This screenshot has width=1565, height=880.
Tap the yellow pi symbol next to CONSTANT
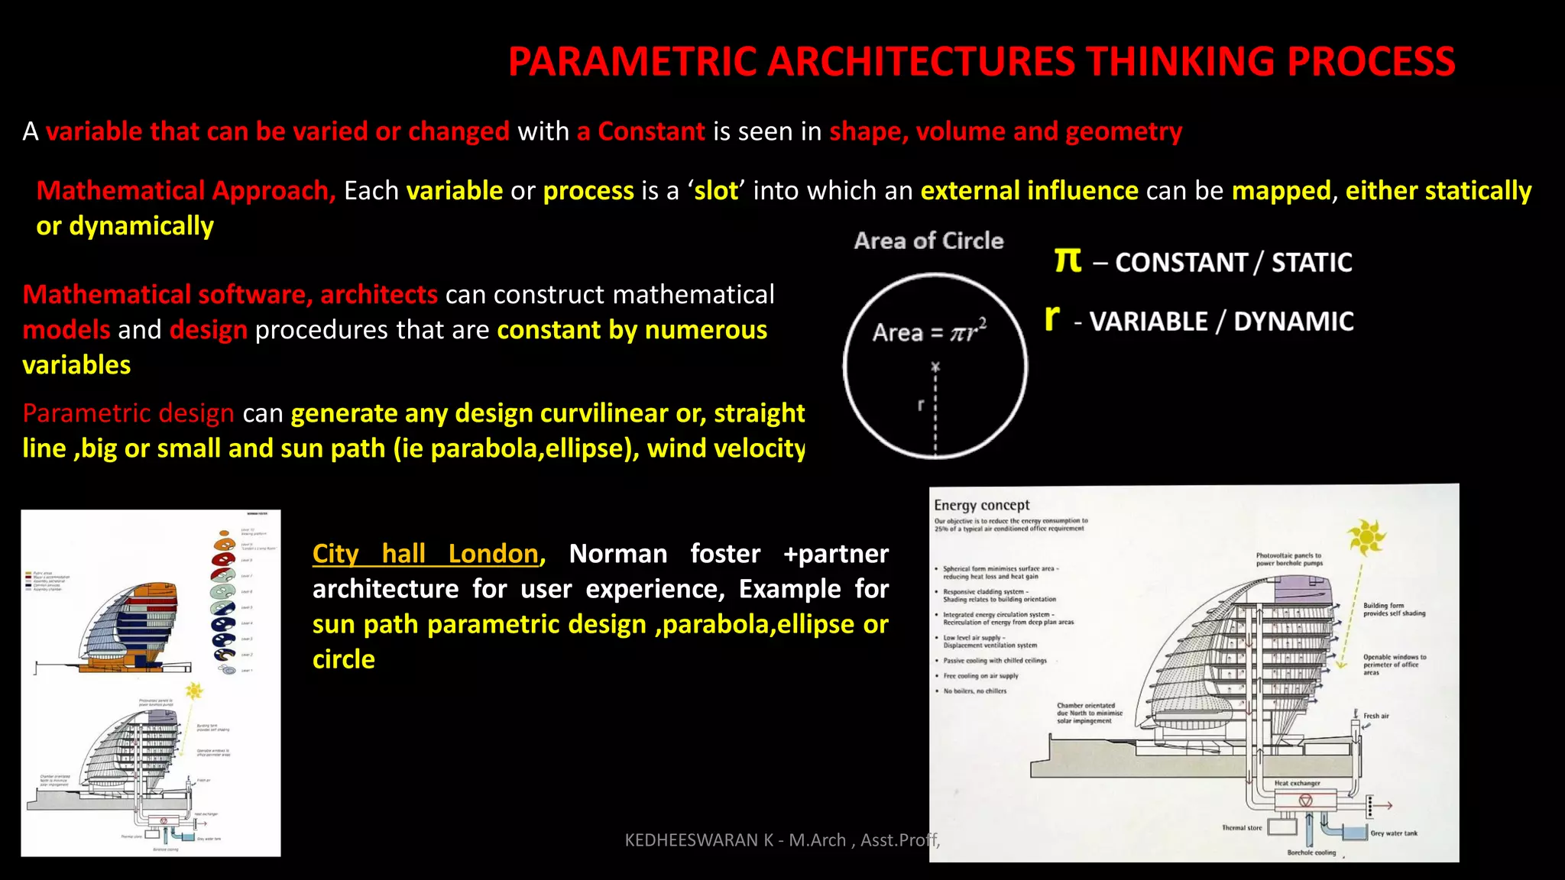(x=1068, y=260)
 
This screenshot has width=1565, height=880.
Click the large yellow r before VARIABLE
(x=1052, y=317)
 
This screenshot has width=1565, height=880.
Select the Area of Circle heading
(x=928, y=241)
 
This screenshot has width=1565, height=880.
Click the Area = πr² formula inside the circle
(x=929, y=332)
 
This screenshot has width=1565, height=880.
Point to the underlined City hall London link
(x=426, y=553)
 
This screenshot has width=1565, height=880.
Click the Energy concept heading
(x=981, y=505)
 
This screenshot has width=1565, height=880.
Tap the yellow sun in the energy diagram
(x=1366, y=537)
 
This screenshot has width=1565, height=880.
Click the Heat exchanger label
(x=1297, y=783)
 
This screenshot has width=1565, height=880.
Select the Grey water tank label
(x=1394, y=833)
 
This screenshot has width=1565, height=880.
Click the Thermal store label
(x=1242, y=828)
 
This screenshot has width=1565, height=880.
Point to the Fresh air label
(x=1375, y=716)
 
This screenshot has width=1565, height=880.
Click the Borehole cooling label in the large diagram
(x=1311, y=852)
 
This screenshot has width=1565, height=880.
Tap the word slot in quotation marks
(x=716, y=191)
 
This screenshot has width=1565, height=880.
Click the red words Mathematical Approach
(x=186, y=191)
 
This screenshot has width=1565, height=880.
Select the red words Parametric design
(x=128, y=413)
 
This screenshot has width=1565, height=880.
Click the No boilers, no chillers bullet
(x=974, y=691)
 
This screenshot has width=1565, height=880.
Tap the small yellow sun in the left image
(x=194, y=691)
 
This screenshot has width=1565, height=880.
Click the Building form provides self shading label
(x=1394, y=609)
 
